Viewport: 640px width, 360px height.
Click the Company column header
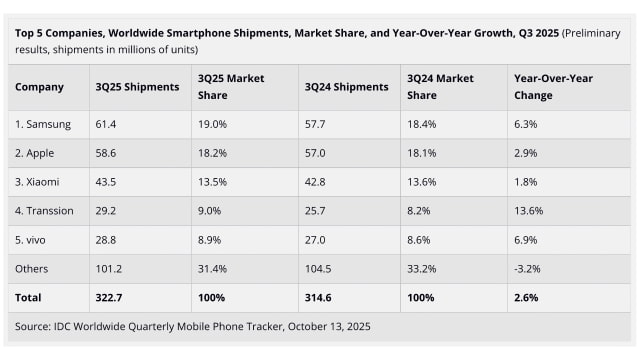[40, 87]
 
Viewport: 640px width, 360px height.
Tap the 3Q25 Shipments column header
[138, 87]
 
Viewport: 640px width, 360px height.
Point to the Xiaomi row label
[38, 183]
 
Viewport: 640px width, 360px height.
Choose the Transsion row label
[44, 212]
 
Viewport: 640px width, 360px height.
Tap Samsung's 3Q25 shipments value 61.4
[108, 125]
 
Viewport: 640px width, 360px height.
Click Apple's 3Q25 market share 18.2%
[213, 154]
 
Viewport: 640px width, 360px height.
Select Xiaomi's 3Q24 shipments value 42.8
[316, 183]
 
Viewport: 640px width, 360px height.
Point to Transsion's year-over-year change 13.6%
[528, 212]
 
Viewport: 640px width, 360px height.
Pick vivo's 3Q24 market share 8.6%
[419, 241]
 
